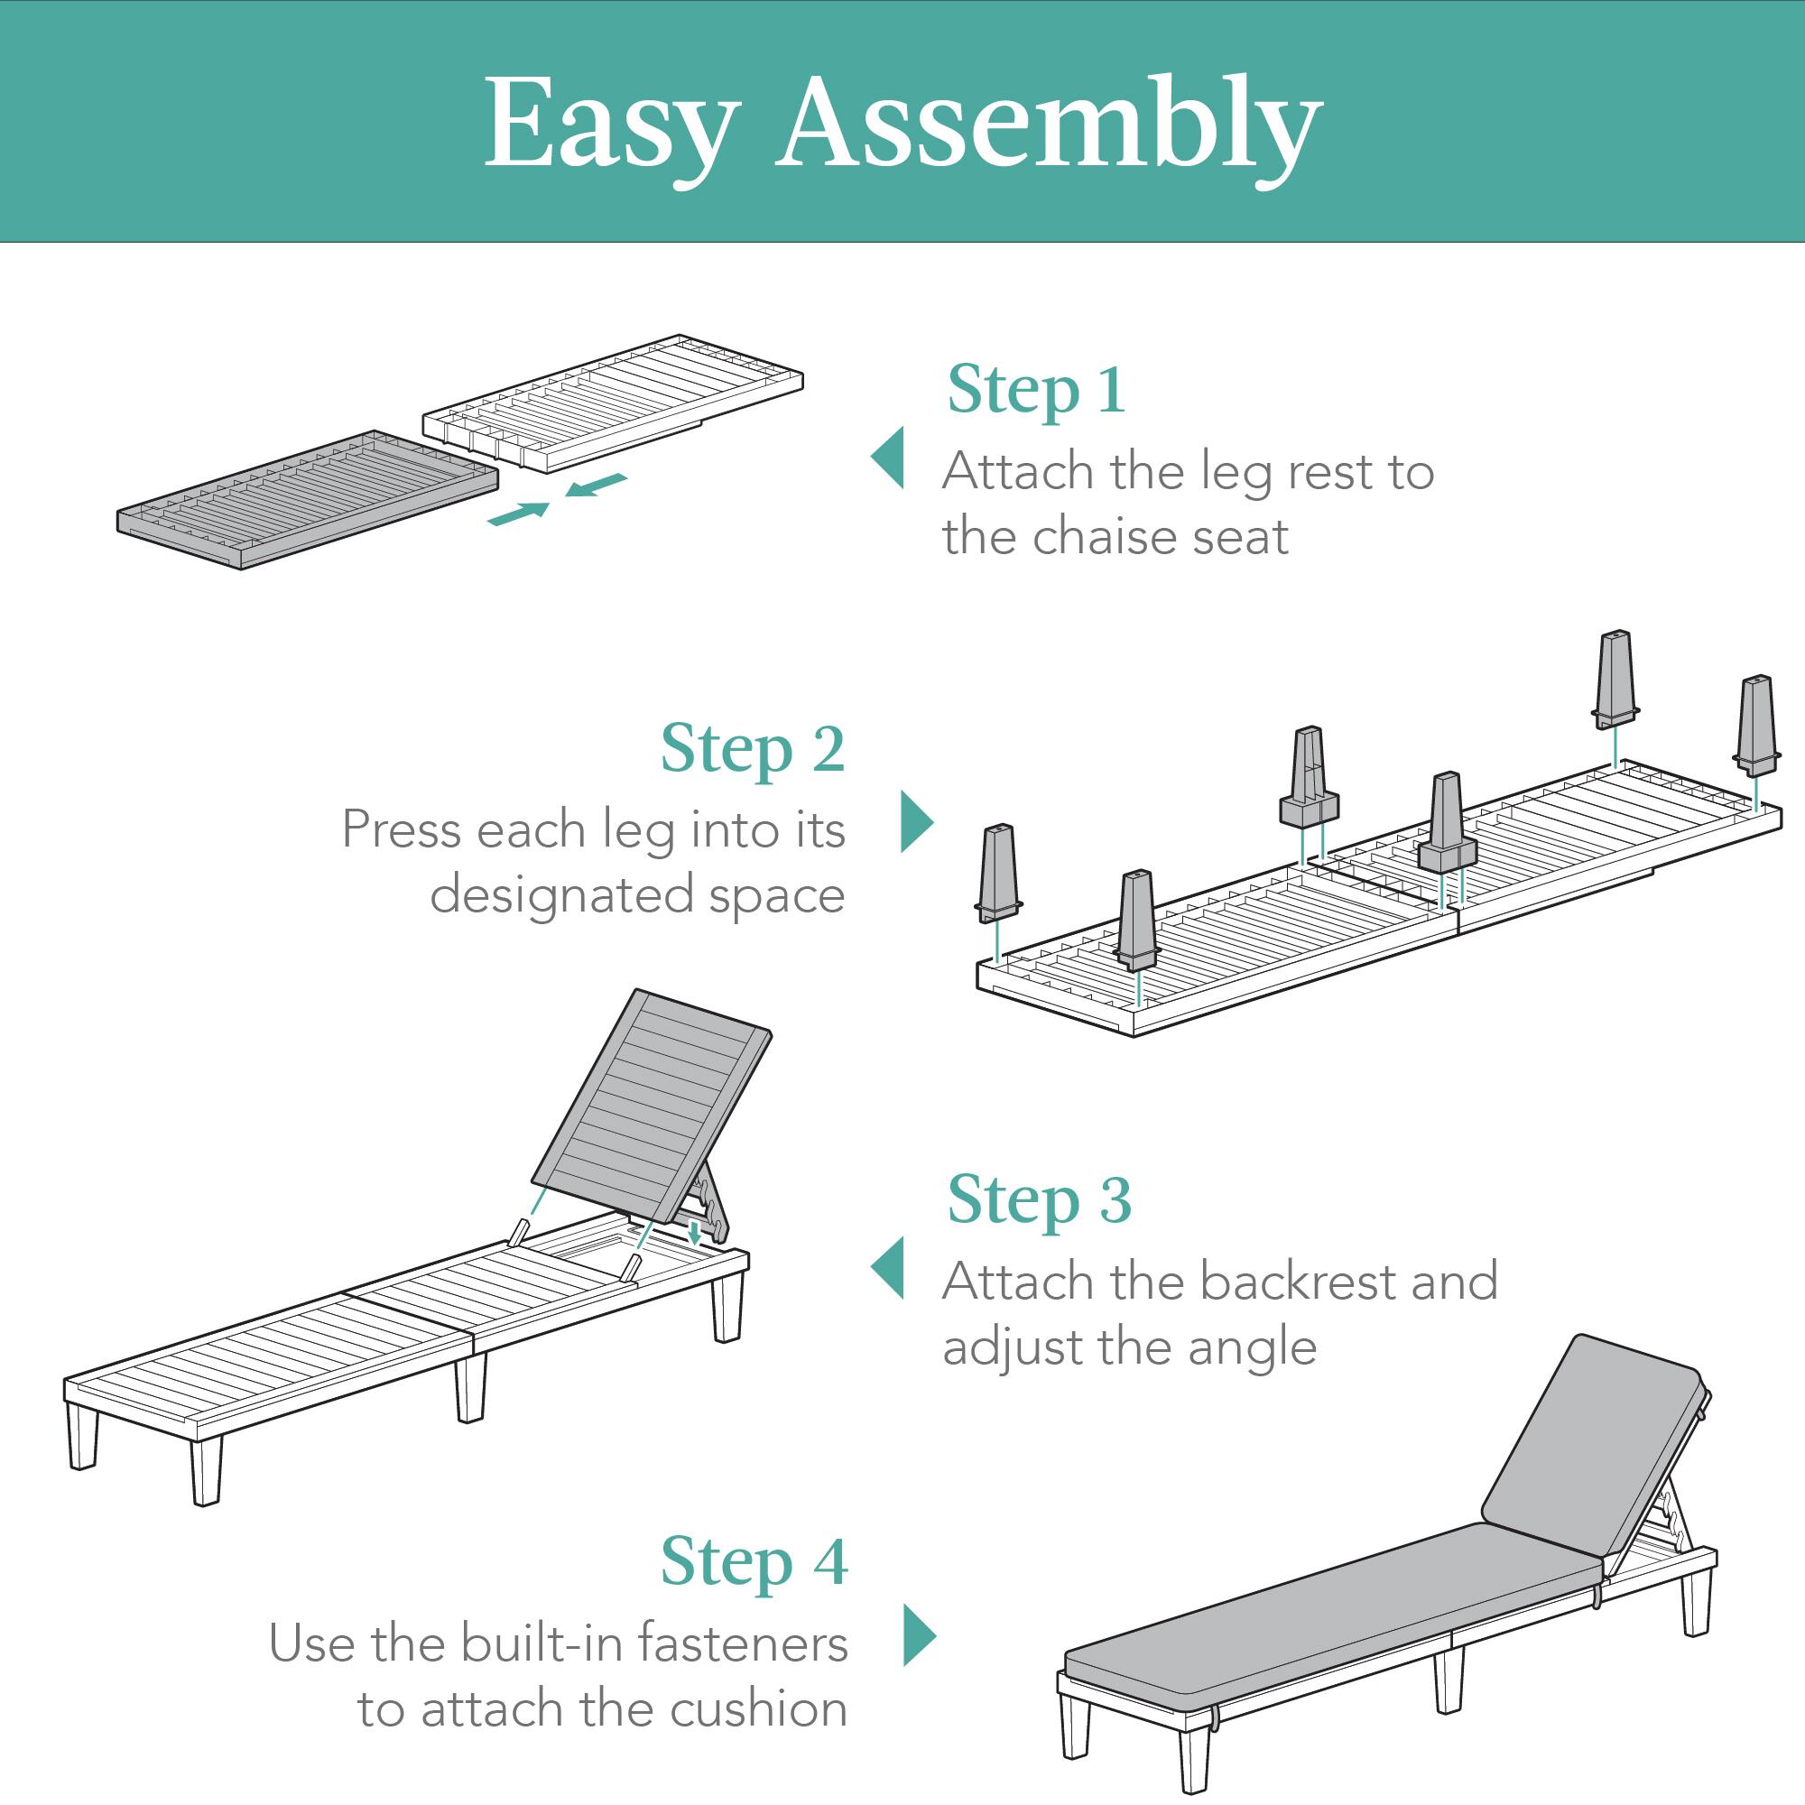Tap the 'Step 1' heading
pos(1035,391)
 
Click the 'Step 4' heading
pos(753,1562)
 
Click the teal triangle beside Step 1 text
pos(891,458)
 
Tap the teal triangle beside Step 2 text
pos(915,822)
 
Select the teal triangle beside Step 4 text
pos(919,1635)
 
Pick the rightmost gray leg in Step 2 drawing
pos(1756,724)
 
